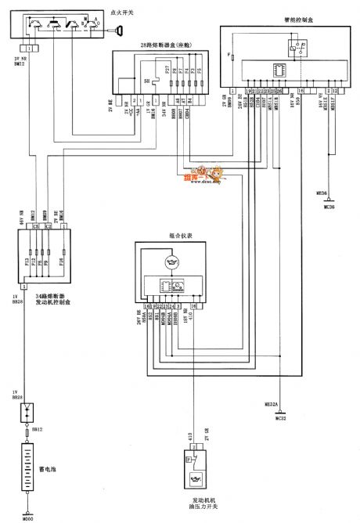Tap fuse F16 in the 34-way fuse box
pos(63,261)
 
